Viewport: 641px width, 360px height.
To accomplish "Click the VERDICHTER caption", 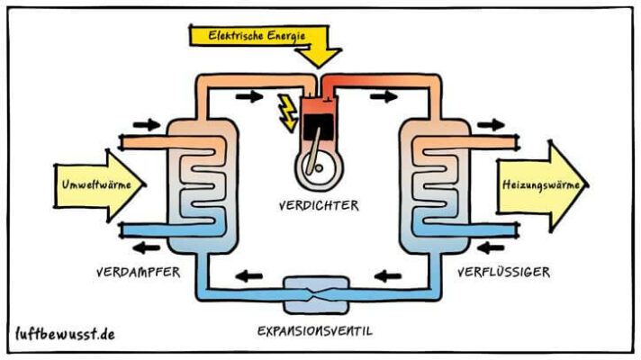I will point(318,205).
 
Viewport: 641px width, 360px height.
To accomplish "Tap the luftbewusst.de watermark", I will point(65,332).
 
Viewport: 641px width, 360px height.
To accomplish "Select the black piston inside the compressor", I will point(318,130).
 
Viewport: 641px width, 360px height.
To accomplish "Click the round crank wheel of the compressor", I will point(318,170).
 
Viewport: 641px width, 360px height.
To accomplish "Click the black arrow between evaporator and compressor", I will point(245,95).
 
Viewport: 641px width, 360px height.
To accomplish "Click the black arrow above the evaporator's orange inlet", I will point(144,124).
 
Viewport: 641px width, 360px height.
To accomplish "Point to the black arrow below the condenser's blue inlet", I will point(492,244).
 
